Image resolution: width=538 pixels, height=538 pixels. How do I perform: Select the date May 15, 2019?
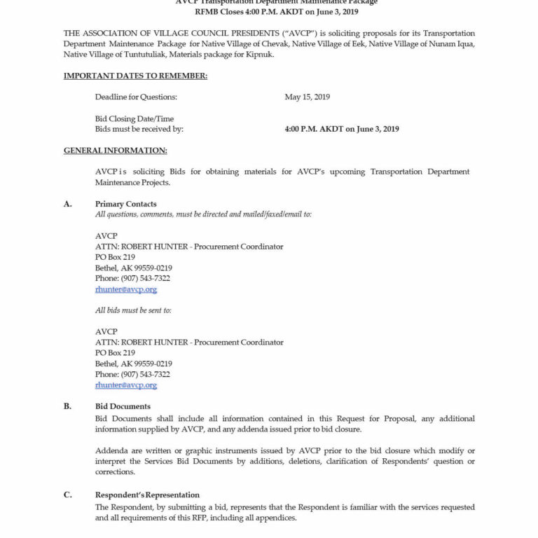click(307, 97)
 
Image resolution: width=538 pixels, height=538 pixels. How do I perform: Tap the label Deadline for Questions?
click(136, 97)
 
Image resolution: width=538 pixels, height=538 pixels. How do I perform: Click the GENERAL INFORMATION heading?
click(115, 151)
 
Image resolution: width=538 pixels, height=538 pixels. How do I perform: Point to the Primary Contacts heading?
click(126, 204)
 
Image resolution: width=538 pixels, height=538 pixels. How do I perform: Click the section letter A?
click(68, 204)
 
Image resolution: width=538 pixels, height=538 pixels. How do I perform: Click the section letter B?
click(68, 406)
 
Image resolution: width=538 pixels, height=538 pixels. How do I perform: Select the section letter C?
click(68, 495)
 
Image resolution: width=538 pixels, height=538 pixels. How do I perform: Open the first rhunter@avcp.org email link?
click(126, 289)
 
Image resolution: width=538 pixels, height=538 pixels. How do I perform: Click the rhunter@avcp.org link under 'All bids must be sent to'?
click(126, 385)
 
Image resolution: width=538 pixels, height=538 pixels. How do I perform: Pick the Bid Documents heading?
click(123, 406)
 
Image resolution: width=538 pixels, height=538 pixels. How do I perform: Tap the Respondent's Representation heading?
click(147, 495)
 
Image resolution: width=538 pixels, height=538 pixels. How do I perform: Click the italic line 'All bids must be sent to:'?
click(133, 310)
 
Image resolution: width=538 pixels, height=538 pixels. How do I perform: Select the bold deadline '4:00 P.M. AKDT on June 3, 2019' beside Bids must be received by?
click(342, 129)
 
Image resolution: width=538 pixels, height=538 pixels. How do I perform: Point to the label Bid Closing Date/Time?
click(134, 119)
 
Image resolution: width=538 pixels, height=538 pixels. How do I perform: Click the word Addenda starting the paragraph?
click(111, 450)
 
